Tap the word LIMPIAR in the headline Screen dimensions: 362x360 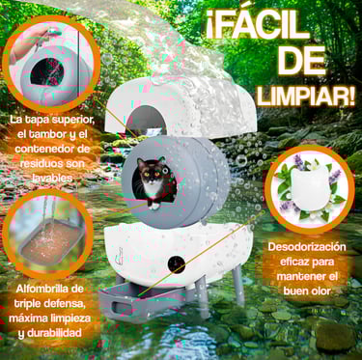tap(303, 97)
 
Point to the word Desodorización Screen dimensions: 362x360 tap(307, 247)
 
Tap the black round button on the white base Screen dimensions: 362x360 tap(177, 265)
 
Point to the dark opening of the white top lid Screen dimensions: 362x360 tap(147, 121)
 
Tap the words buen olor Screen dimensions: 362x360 tap(307, 291)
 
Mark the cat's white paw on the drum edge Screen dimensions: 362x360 tap(154, 205)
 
